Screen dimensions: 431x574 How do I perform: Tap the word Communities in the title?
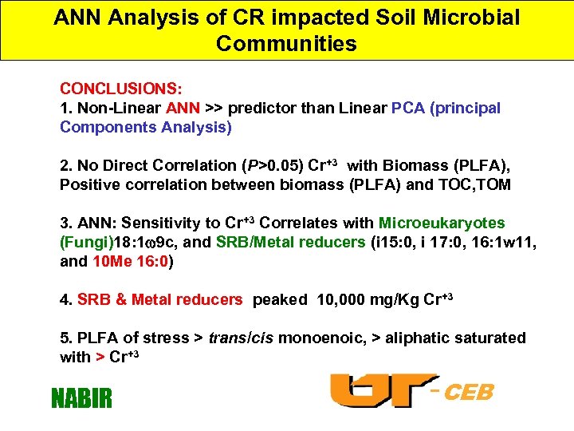pos(286,43)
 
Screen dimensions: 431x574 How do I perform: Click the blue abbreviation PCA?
pos(408,108)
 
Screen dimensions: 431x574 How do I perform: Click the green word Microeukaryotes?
pos(442,223)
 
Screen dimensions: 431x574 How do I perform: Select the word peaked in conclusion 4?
pos(280,300)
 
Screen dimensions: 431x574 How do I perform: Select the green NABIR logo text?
pos(81,397)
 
